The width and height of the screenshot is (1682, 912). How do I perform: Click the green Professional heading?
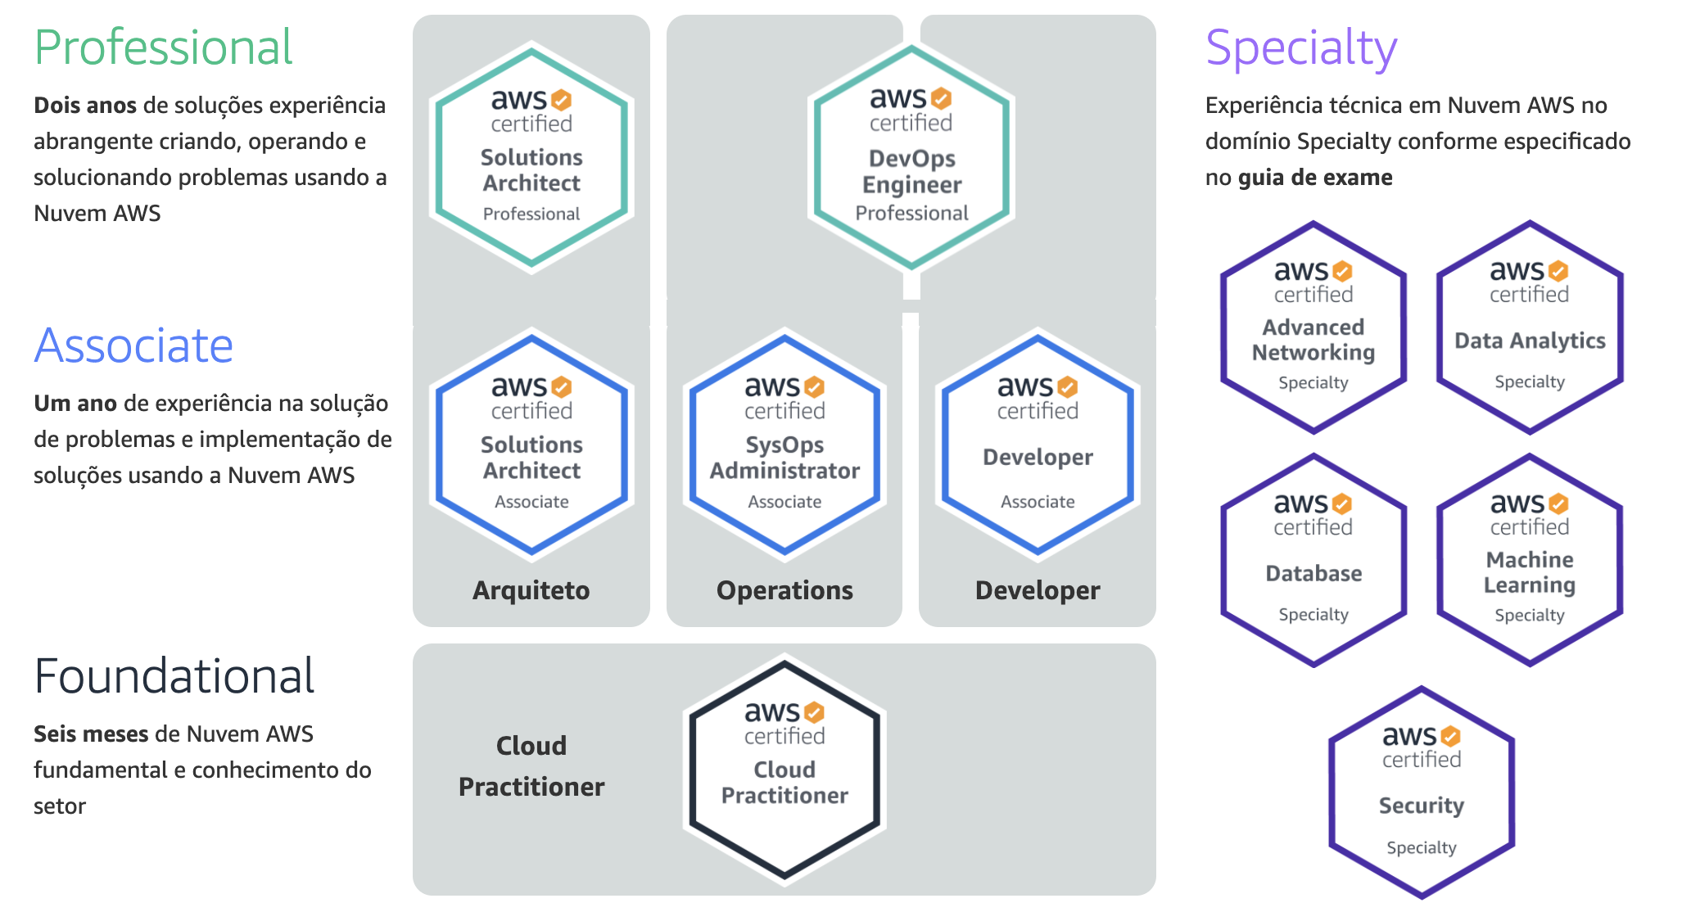coord(163,47)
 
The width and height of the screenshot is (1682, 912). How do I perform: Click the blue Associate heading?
coord(133,345)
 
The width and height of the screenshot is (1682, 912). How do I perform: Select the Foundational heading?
coord(174,676)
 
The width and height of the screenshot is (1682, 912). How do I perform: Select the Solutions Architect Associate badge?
coord(531,445)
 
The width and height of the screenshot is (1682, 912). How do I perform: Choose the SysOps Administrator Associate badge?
coord(784,445)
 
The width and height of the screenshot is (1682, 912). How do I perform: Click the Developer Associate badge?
coord(1038,445)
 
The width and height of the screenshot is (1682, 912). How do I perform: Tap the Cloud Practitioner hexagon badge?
coord(784,770)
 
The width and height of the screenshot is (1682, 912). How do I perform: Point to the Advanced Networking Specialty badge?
coord(1313,327)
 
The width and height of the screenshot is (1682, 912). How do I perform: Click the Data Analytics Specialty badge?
coord(1530,327)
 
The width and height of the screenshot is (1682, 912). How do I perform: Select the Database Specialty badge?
coord(1313,560)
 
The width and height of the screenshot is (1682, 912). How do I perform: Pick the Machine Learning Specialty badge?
coord(1530,560)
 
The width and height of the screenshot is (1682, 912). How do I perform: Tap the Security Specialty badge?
coord(1422,792)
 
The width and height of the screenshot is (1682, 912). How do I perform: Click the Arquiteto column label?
coord(531,590)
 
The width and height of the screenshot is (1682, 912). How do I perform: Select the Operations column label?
coord(784,590)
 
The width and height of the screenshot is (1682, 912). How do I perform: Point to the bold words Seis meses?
coord(91,734)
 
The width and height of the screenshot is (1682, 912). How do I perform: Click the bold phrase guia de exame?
coord(1315,178)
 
